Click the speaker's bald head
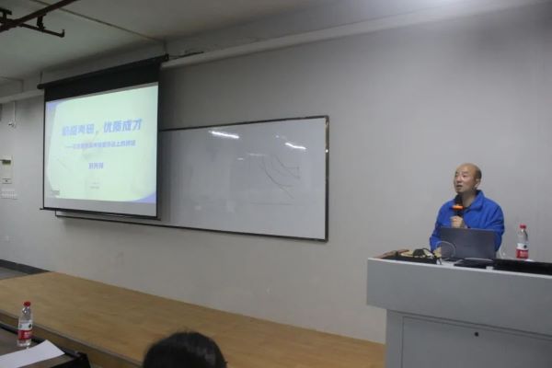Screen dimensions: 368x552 point(467,174)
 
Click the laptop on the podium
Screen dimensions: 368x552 point(467,243)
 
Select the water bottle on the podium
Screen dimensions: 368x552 point(522,243)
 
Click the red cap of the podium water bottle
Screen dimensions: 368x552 point(522,226)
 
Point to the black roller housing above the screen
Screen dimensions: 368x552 point(101,74)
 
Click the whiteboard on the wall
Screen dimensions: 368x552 point(248,179)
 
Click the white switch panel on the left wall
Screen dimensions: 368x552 point(7,171)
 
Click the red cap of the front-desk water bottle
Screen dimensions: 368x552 point(25,305)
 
